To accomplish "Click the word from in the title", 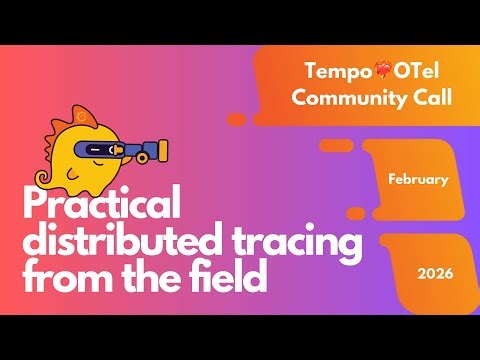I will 61,277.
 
